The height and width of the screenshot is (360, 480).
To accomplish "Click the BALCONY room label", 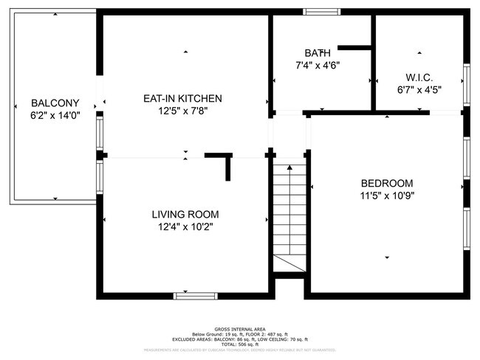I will pos(51,103).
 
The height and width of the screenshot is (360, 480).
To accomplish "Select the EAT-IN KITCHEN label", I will pos(182,98).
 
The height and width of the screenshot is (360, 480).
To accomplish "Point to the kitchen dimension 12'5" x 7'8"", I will pos(182,111).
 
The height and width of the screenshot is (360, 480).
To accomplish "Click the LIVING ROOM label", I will pos(185,214).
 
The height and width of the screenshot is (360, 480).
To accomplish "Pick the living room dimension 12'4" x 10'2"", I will pos(185,227).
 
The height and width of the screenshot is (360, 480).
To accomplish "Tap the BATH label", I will pos(318,52).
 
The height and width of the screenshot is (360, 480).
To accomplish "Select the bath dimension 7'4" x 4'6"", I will pos(318,65).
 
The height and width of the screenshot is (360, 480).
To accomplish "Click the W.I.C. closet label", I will pos(419,77).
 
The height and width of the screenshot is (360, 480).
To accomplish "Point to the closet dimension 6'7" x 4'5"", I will pos(419,90).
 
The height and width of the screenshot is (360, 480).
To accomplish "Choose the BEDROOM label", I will pos(386,183).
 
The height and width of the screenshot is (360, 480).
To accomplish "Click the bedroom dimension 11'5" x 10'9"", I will pos(386,196).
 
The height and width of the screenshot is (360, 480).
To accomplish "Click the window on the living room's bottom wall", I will pos(196,296).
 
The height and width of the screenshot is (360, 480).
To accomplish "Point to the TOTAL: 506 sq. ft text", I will pos(239,344).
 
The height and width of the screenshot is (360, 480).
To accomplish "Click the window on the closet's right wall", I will pos(466,85).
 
